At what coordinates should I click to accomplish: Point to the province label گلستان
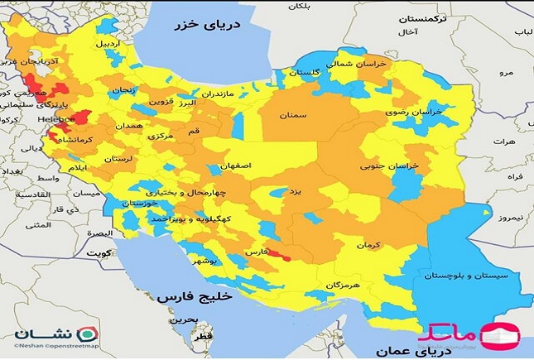coord(304,73)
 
